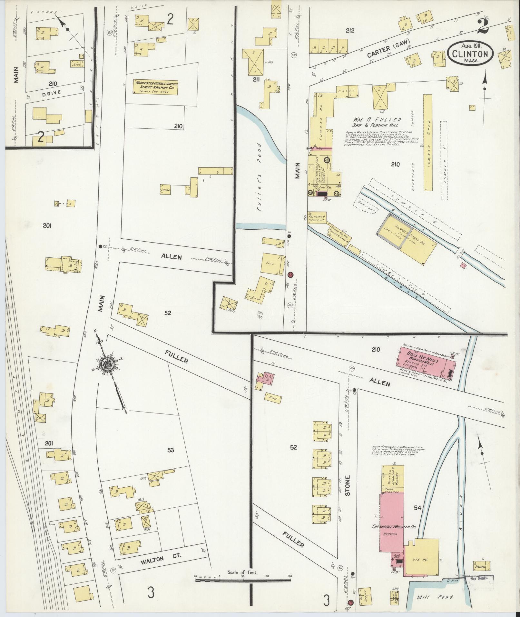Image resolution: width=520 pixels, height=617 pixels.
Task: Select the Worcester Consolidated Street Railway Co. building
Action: click(156, 86)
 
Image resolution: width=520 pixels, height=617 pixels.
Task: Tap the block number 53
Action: click(171, 450)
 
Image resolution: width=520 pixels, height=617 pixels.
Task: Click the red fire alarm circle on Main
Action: click(290, 274)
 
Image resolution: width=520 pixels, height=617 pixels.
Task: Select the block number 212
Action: click(350, 31)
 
